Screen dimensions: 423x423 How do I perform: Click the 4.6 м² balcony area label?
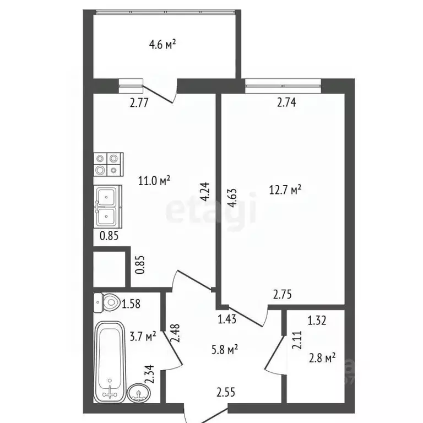[x=162, y=45]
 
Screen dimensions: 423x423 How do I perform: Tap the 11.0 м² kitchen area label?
[x=154, y=180]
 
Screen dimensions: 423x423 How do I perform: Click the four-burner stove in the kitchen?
[x=106, y=164]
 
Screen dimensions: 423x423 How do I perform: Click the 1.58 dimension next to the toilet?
[x=132, y=303]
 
